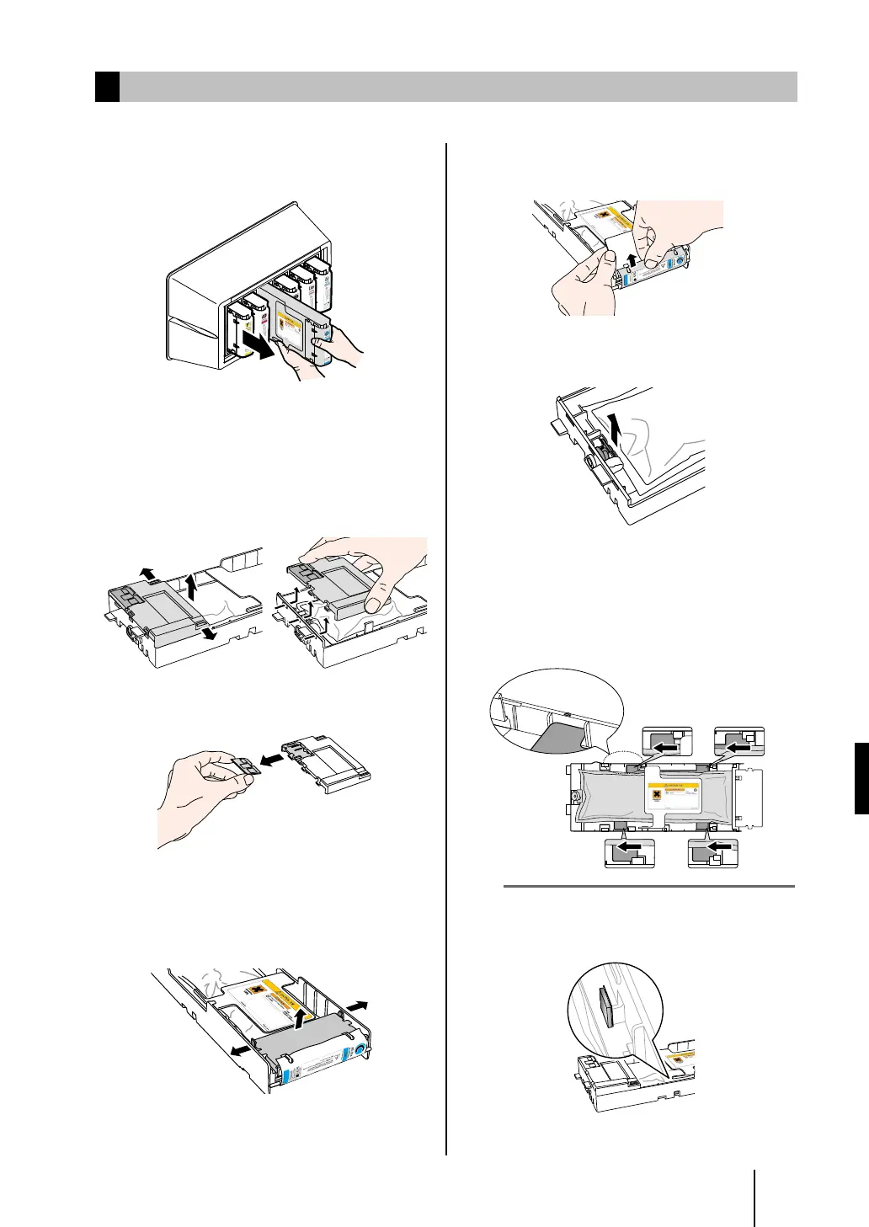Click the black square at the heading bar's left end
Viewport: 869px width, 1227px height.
click(107, 87)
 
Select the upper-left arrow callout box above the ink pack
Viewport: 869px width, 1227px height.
click(667, 744)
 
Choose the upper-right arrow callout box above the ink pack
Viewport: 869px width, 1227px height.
click(738, 744)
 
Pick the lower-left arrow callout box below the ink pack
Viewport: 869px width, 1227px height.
click(630, 853)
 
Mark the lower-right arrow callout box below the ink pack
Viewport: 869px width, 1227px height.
click(712, 853)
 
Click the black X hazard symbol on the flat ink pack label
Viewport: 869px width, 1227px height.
click(654, 795)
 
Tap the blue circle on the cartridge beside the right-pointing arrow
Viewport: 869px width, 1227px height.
click(360, 1051)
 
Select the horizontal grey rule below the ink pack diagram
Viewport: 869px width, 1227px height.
click(648, 886)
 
